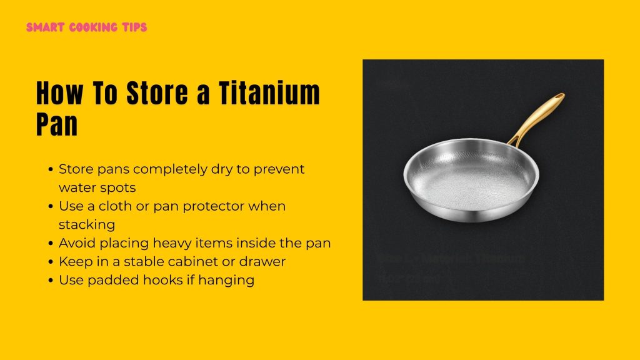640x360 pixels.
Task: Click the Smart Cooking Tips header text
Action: click(x=87, y=28)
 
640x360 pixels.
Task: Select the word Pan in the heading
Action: click(x=57, y=124)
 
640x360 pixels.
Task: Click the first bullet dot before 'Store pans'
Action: click(x=51, y=169)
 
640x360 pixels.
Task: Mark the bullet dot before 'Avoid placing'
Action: click(x=51, y=243)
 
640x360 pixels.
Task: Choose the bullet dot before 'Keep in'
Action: click(x=51, y=262)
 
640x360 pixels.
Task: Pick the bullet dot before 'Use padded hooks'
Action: click(x=51, y=281)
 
